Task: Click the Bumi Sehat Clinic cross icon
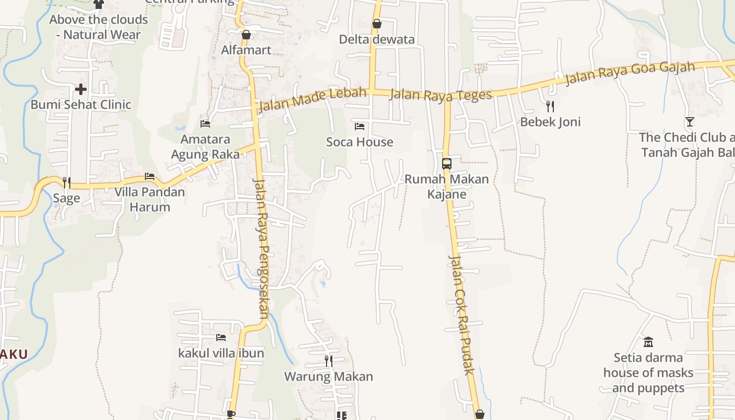tap(81, 89)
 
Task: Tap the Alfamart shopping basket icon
tap(246, 35)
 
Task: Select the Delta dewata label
tap(376, 39)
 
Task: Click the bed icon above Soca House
tap(360, 127)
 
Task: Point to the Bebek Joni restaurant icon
tap(550, 107)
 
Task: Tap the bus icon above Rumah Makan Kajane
tap(446, 164)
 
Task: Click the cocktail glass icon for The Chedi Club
tap(690, 122)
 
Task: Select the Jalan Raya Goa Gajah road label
tap(630, 73)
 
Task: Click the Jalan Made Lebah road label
tap(312, 100)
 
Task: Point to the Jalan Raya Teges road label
tap(441, 94)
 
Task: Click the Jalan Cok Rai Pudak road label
tap(462, 315)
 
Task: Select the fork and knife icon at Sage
tap(67, 182)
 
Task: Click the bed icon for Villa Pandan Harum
tap(150, 176)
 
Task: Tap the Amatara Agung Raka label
tap(205, 147)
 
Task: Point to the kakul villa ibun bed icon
tap(221, 338)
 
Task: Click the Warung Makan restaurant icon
tap(329, 361)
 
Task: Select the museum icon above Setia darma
tap(648, 342)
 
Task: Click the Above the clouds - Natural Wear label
tap(99, 27)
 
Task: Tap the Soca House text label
tap(360, 142)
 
